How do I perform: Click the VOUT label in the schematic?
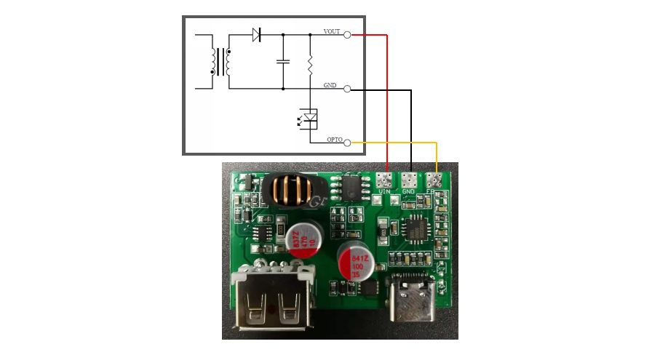tap(333, 31)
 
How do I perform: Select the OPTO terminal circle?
tap(347, 143)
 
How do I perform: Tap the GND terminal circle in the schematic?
tap(347, 89)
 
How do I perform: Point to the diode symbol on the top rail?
tap(257, 34)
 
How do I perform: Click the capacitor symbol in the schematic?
tap(283, 62)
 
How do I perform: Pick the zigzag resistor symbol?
tap(310, 66)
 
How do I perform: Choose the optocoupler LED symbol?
tap(310, 116)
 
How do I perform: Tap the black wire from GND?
tap(411, 131)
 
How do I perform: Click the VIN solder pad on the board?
tap(386, 180)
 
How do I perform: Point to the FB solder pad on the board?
tap(435, 179)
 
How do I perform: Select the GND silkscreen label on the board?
tap(409, 192)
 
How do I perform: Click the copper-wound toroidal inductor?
tap(291, 189)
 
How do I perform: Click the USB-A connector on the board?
tap(273, 302)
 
